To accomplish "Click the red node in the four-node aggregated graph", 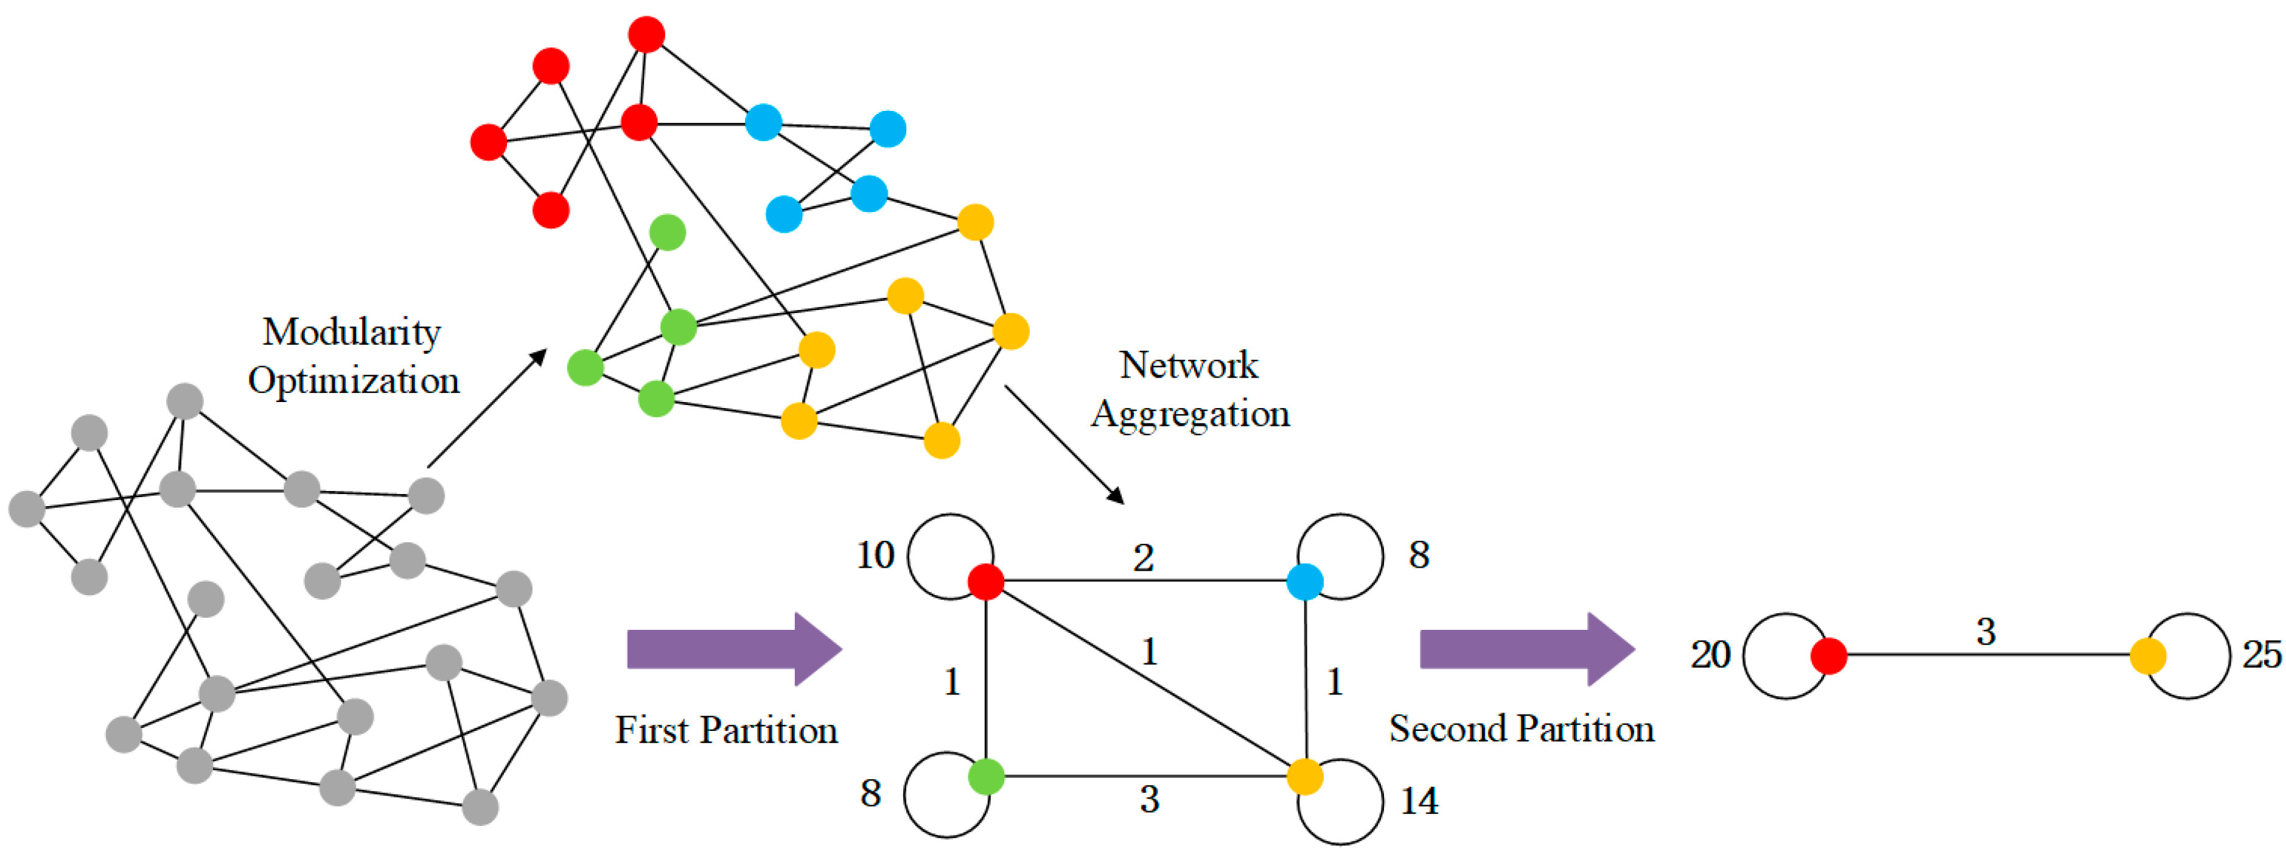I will click(985, 582).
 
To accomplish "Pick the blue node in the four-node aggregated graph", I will click(1304, 582).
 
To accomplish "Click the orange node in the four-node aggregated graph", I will click(1304, 776).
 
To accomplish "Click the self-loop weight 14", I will click(1419, 801).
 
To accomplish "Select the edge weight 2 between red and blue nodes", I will click(1143, 557).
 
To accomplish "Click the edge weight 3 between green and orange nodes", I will click(1149, 800).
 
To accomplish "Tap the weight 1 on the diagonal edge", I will click(1149, 652).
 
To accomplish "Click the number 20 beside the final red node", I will click(1710, 655).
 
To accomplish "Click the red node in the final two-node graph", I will click(1828, 655).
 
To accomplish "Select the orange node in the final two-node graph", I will click(2148, 655).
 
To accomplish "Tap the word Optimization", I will click(353, 381).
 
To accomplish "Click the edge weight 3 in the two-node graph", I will click(1986, 632).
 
